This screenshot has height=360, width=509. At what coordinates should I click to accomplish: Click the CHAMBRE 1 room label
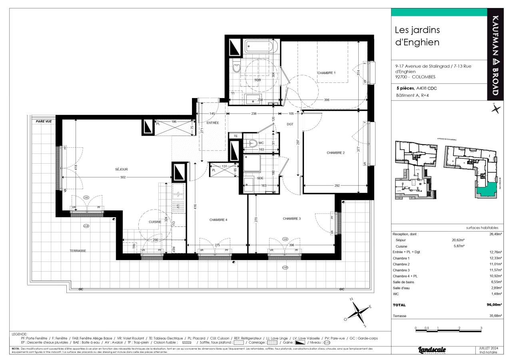pyautogui.click(x=326, y=73)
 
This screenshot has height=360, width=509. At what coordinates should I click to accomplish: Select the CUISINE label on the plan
pyautogui.click(x=154, y=222)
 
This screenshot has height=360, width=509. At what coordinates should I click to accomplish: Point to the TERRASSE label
pyautogui.click(x=77, y=251)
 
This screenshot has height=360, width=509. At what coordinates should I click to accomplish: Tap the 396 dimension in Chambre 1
pyautogui.click(x=327, y=100)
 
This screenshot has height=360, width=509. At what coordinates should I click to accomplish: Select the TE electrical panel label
pyautogui.click(x=236, y=136)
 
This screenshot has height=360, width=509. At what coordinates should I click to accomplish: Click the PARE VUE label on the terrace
pyautogui.click(x=44, y=121)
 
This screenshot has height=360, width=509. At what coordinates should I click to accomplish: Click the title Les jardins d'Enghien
pyautogui.click(x=417, y=36)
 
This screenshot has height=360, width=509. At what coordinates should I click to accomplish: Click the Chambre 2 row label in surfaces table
pyautogui.click(x=401, y=264)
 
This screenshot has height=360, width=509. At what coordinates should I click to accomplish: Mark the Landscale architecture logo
pyautogui.click(x=432, y=350)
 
